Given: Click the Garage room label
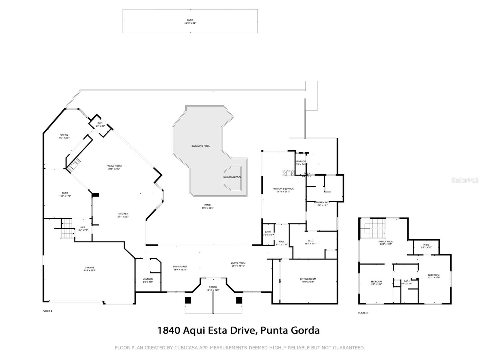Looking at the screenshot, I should point(89,268).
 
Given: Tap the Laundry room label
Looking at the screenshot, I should point(148,279).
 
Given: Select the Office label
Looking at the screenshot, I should point(64,135).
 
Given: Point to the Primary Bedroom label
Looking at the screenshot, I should point(283,189).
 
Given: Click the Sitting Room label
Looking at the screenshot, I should point(308,279).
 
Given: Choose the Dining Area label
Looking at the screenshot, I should point(180,267).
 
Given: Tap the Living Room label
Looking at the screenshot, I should point(238,263).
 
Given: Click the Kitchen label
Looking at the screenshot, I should point(123,214).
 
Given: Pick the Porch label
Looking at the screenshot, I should point(213,287).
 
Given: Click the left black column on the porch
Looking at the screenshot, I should point(188,300).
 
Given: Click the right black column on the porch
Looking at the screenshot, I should point(239,300).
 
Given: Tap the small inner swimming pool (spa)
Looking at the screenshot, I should point(232,178).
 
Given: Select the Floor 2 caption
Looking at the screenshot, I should point(363,313).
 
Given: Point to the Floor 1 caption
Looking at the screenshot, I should point(47,311).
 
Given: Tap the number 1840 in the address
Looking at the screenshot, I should point(169,330).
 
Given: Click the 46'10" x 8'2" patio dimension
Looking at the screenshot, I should point(190,23).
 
